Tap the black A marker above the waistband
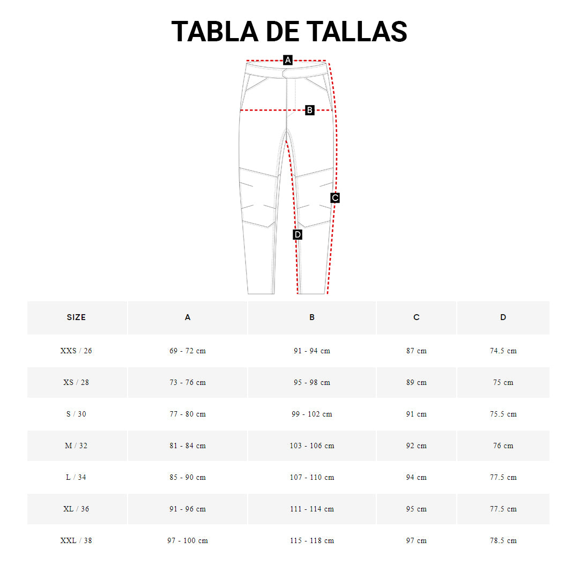tap(288, 60)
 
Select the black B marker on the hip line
tap(309, 110)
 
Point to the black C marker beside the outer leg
tap(335, 198)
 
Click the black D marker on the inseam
tap(298, 234)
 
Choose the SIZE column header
tap(76, 317)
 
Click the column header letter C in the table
tap(417, 317)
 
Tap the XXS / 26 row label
tap(76, 351)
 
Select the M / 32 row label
tap(76, 446)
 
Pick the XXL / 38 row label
tap(76, 541)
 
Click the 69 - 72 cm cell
tap(188, 351)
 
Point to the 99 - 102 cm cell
tap(312, 414)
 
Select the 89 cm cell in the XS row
tap(417, 383)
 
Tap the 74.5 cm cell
tap(503, 351)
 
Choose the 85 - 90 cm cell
tap(188, 478)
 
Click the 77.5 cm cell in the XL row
tap(503, 509)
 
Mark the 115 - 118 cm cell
tap(312, 541)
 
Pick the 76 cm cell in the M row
tap(503, 446)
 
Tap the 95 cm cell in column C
tap(417, 509)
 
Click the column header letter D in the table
tap(503, 317)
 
